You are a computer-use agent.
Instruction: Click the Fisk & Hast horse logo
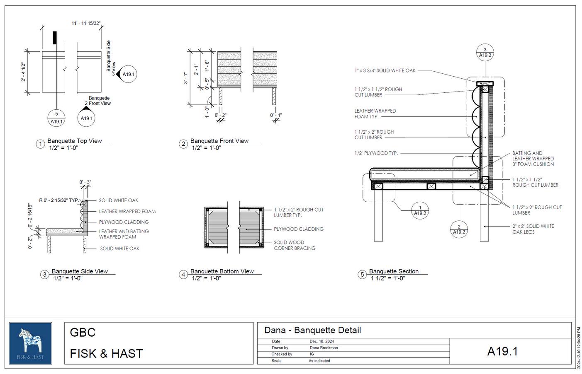[30, 343]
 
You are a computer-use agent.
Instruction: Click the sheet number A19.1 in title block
[502, 351]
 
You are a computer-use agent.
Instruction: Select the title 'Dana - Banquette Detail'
[312, 330]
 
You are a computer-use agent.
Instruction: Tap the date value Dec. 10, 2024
[321, 342]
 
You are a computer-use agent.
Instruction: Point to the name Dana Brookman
[324, 348]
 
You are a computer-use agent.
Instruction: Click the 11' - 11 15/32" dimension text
[86, 24]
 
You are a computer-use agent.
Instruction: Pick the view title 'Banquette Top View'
[75, 141]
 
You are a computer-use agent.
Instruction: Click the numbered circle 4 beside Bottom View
[183, 274]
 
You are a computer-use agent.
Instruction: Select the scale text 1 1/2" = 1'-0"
[387, 278]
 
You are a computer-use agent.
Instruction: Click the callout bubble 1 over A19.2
[420, 210]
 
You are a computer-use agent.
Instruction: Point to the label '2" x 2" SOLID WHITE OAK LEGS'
[533, 229]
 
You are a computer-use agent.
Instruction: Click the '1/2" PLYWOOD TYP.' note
[376, 153]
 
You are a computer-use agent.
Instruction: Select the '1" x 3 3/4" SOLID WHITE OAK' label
[385, 71]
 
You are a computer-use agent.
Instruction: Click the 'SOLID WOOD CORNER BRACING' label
[295, 245]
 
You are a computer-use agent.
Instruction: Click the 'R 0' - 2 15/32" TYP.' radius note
[58, 200]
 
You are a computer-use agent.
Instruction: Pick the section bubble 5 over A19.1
[56, 117]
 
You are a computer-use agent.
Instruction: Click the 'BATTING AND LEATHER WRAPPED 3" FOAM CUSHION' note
[533, 159]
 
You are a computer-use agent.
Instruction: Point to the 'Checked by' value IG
[312, 354]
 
